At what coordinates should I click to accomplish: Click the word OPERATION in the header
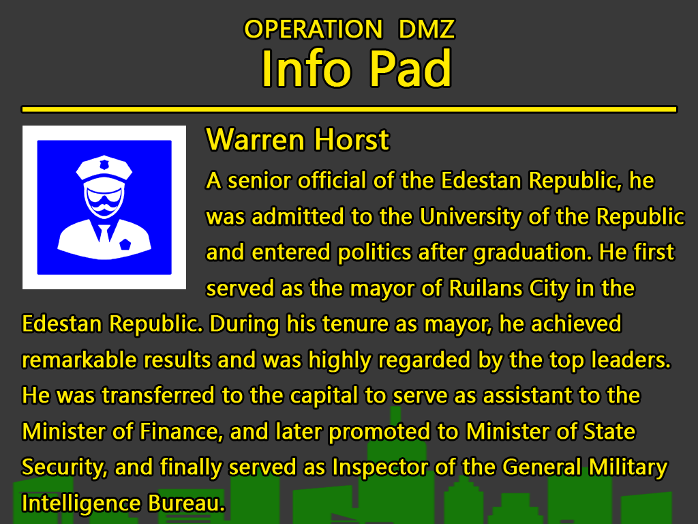click(x=314, y=29)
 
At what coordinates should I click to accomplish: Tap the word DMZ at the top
click(x=427, y=29)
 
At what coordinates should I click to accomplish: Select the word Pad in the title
click(x=411, y=69)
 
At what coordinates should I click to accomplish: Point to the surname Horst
click(x=352, y=140)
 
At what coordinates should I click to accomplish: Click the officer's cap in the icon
click(x=104, y=168)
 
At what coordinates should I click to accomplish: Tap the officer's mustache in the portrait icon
click(x=104, y=207)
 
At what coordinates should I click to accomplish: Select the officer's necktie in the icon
click(x=104, y=233)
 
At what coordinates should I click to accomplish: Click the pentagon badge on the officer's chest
click(x=125, y=244)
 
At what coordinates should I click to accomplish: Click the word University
click(x=470, y=217)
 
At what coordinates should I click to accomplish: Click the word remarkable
click(x=79, y=360)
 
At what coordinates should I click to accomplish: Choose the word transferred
click(x=158, y=396)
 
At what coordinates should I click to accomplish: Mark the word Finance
click(x=179, y=432)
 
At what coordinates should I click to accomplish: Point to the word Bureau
click(x=187, y=504)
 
